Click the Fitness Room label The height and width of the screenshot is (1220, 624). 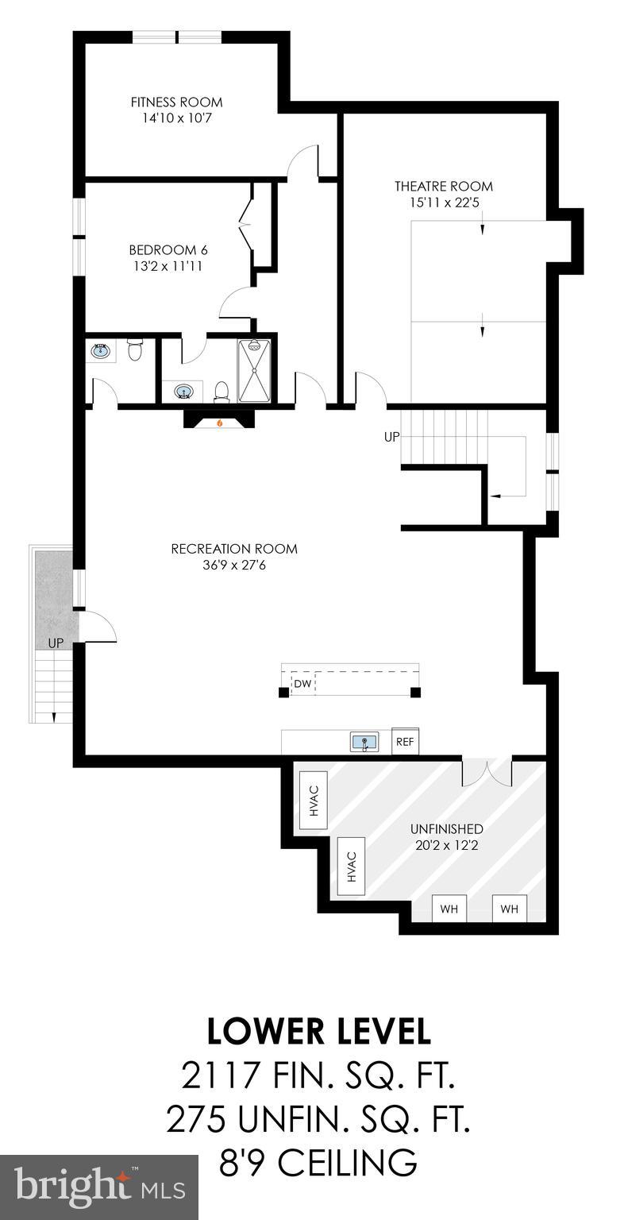point(176,102)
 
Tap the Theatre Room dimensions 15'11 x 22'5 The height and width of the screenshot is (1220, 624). point(443,203)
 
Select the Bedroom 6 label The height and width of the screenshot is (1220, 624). point(168,249)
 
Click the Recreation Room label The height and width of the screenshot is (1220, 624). point(234,549)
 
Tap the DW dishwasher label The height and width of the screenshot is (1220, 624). point(302,683)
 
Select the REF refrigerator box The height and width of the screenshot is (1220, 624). point(405,742)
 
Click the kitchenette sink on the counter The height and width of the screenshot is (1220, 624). point(364,743)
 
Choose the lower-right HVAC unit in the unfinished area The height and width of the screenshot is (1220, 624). point(352,867)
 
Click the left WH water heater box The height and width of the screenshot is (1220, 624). point(449,909)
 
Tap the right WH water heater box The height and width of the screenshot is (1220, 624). point(509,909)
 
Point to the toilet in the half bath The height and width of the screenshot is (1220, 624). point(135,349)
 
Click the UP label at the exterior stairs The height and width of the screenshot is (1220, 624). point(55,643)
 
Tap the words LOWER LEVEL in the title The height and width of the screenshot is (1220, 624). point(318,1031)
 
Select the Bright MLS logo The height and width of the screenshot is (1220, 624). point(99,1187)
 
